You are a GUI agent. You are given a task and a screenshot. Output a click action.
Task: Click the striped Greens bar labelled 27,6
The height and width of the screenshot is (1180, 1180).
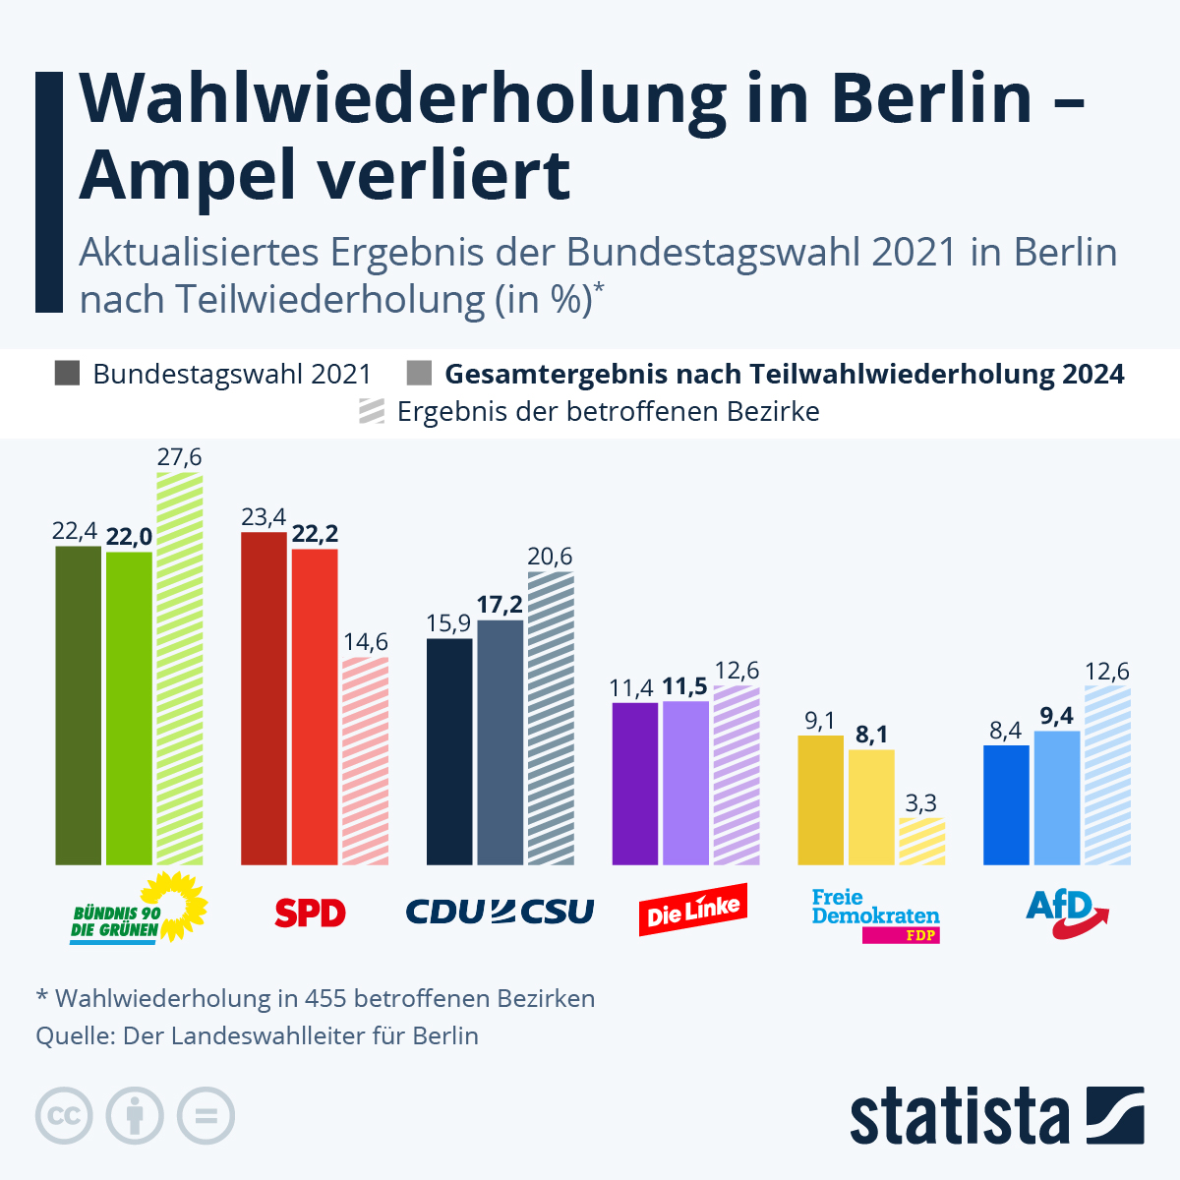click(179, 669)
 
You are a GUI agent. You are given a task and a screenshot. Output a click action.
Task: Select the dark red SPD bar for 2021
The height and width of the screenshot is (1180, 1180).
click(264, 698)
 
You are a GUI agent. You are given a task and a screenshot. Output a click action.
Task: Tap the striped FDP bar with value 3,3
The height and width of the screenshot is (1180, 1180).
click(921, 842)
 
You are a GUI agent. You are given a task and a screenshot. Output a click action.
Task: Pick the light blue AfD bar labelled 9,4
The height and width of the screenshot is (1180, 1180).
click(1057, 797)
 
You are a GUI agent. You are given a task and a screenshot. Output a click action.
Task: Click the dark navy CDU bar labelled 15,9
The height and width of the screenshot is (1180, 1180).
click(449, 751)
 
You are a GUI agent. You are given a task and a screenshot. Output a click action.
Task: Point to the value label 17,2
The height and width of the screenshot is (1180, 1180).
click(500, 604)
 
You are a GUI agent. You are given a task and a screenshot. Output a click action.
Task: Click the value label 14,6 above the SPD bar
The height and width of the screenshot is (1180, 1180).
click(365, 642)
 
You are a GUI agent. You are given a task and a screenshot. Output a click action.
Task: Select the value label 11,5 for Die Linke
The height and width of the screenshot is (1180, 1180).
click(685, 685)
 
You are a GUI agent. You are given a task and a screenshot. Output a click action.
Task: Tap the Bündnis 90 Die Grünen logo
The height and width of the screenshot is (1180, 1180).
click(139, 910)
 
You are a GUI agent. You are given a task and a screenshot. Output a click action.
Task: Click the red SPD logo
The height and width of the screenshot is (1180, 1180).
click(310, 914)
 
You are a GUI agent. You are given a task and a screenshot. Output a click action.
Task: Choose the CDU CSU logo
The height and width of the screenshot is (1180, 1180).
click(500, 912)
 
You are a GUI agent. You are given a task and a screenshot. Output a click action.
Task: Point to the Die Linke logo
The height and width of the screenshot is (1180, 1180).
click(693, 910)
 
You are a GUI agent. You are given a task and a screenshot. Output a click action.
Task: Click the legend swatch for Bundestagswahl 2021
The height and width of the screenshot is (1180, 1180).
click(68, 374)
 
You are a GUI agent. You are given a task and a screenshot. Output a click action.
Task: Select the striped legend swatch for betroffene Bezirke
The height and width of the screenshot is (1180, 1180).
click(372, 411)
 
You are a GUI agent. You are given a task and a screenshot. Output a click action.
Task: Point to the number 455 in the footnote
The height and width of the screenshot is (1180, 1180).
click(324, 998)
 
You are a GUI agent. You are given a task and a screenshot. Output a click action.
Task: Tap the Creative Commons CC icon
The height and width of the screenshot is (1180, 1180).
click(64, 1116)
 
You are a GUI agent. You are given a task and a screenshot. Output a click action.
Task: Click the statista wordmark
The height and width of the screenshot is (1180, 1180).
click(959, 1116)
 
